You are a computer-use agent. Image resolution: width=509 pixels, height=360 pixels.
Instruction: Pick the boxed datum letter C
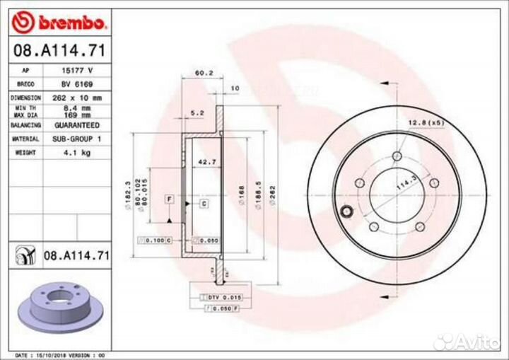coord(203,204)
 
